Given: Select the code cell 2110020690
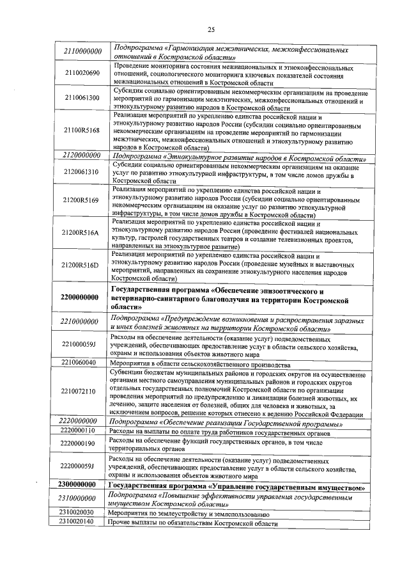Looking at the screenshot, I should pyautogui.click(x=82, y=74).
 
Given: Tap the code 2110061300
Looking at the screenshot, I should pyautogui.click(x=82, y=98).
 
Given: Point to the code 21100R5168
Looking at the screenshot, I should pyautogui.click(x=82, y=130).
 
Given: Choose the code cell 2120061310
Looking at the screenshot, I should pyautogui.click(x=82, y=172).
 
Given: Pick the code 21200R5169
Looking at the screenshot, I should pyautogui.click(x=82, y=200).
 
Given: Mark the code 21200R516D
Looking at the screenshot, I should pyautogui.click(x=82, y=265).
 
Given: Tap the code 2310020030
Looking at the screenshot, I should pyautogui.click(x=76, y=512).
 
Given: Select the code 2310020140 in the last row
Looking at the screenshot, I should pyautogui.click(x=76, y=523).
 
